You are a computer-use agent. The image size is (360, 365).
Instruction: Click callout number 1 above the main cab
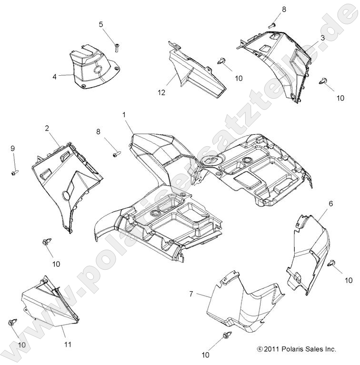click(x=124, y=115)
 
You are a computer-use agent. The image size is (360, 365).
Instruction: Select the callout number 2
click(x=47, y=128)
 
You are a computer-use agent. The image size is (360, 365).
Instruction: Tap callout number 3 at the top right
click(x=322, y=38)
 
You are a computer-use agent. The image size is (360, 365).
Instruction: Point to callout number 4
click(x=55, y=76)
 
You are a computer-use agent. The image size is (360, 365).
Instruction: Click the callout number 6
click(x=317, y=203)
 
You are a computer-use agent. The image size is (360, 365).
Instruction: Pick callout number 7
click(x=191, y=294)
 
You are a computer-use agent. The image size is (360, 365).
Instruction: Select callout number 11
click(x=68, y=344)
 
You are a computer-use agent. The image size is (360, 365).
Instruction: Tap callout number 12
click(x=161, y=92)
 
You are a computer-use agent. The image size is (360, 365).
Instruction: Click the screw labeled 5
click(x=116, y=46)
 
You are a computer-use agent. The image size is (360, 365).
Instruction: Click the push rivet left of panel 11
click(x=12, y=323)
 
